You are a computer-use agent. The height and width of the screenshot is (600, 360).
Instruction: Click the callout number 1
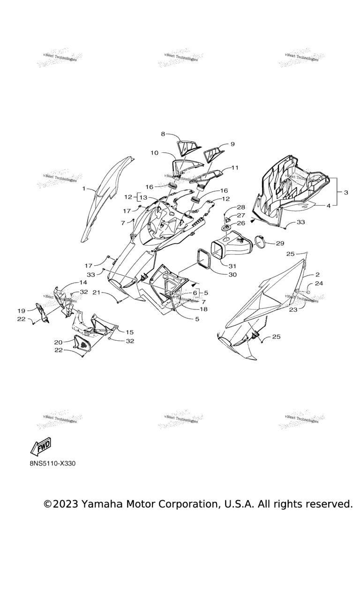tap(84, 188)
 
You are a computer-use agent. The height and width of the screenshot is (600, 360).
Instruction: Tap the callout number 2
tap(317, 274)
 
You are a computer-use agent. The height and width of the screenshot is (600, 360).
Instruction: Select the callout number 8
tap(163, 134)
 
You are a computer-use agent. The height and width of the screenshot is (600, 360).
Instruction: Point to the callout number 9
tap(232, 144)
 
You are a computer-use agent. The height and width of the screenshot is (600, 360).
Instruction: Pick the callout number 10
tap(155, 153)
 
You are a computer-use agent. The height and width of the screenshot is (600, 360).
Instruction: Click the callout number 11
tap(235, 167)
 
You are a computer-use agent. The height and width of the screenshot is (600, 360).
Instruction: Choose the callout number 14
tap(83, 283)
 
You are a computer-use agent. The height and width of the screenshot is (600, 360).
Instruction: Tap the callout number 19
tap(22, 311)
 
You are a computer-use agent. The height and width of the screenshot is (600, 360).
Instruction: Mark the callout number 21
tap(96, 292)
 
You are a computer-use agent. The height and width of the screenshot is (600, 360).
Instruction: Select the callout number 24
tap(318, 284)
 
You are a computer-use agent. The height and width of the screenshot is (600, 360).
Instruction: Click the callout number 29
tap(280, 243)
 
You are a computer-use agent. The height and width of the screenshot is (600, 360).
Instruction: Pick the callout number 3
tap(345, 192)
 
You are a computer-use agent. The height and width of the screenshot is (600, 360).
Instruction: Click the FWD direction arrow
tap(40, 447)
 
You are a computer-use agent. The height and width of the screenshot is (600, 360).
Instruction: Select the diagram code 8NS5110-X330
tap(52, 464)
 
